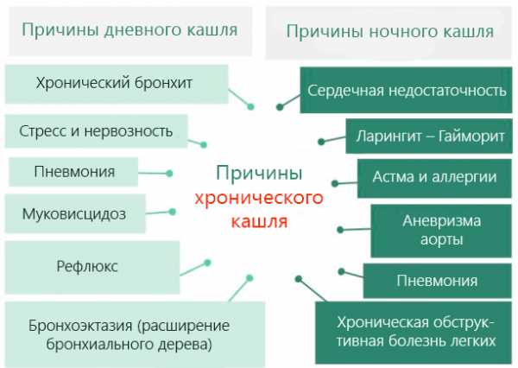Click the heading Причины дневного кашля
(129, 30)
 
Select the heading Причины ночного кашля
(389, 32)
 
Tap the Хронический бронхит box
(114, 84)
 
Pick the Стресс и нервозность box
(96, 131)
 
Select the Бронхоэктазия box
(117, 333)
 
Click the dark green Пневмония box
(437, 281)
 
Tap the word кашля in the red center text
(259, 221)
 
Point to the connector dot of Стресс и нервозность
(204, 144)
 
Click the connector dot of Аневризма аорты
(341, 230)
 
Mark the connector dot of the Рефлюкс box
(207, 262)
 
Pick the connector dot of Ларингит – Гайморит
(320, 141)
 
